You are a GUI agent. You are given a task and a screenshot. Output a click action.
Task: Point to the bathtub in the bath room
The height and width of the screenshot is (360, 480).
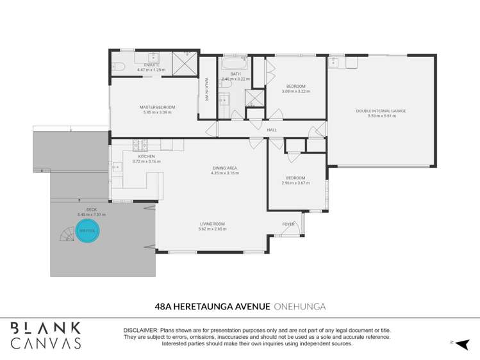pos(235,65)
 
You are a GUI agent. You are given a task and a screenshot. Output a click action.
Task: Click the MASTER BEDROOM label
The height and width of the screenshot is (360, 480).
pos(157,107)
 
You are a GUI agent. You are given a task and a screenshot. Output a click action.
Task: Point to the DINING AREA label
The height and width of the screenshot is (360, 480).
pos(225,168)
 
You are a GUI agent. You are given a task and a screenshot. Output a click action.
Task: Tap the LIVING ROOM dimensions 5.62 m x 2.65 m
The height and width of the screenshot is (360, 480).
pos(211,229)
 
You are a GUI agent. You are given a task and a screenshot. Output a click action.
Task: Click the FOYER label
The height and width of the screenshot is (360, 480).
pos(288,224)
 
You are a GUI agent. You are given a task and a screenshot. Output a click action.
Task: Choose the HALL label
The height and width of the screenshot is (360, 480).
pos(272,130)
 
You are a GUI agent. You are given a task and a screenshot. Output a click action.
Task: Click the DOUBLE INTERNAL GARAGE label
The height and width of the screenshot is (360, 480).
pos(381,111)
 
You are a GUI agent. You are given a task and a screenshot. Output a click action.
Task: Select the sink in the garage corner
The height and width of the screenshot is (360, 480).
pos(333,63)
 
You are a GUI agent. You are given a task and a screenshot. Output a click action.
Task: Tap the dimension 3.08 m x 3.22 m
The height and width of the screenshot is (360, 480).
pos(295,92)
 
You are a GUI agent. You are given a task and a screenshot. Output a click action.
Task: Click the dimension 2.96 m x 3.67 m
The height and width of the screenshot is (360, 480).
pos(295,183)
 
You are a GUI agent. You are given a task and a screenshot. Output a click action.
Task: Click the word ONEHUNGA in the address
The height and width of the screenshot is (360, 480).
pos(299,307)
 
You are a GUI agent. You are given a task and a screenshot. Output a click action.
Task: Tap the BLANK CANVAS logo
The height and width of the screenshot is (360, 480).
pos(46,335)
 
